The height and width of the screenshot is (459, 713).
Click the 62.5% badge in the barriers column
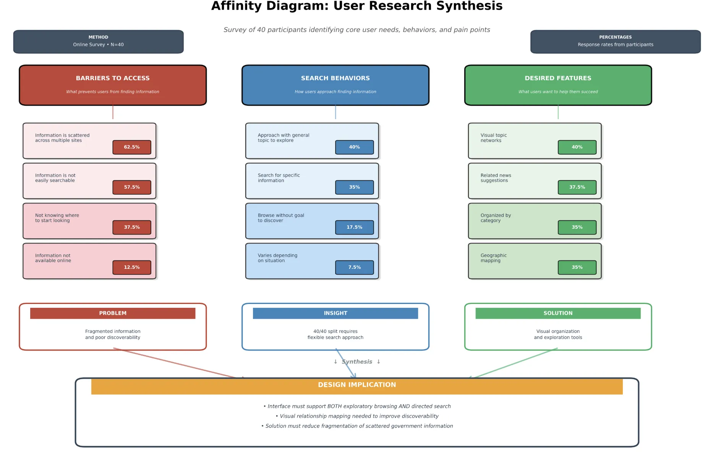point(131,147)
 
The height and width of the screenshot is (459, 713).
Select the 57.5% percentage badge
point(131,187)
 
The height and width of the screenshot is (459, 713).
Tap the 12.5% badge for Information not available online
point(131,267)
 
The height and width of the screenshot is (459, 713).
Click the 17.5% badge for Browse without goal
point(354,227)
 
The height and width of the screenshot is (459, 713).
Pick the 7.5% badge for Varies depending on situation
point(354,267)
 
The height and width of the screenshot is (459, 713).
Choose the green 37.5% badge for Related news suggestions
point(577,187)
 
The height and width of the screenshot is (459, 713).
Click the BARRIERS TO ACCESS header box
point(113,85)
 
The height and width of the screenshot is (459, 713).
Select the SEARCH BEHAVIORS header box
point(335,85)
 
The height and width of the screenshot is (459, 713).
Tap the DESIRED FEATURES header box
point(558,85)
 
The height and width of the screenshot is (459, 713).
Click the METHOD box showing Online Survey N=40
point(98,41)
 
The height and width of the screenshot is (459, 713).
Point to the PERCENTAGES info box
point(615,41)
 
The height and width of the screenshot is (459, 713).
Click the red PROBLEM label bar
point(113,313)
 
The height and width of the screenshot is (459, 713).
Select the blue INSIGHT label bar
point(335,313)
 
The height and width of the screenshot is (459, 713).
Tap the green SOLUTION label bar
point(558,313)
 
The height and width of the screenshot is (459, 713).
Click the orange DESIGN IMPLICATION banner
point(356,386)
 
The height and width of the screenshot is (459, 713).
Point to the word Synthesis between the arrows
point(357,362)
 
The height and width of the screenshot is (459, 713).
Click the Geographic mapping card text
point(493,258)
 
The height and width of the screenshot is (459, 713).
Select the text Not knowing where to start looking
point(57,218)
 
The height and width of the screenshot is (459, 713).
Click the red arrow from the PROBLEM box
point(176,363)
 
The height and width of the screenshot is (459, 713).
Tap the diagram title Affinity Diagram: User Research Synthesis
point(356,6)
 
